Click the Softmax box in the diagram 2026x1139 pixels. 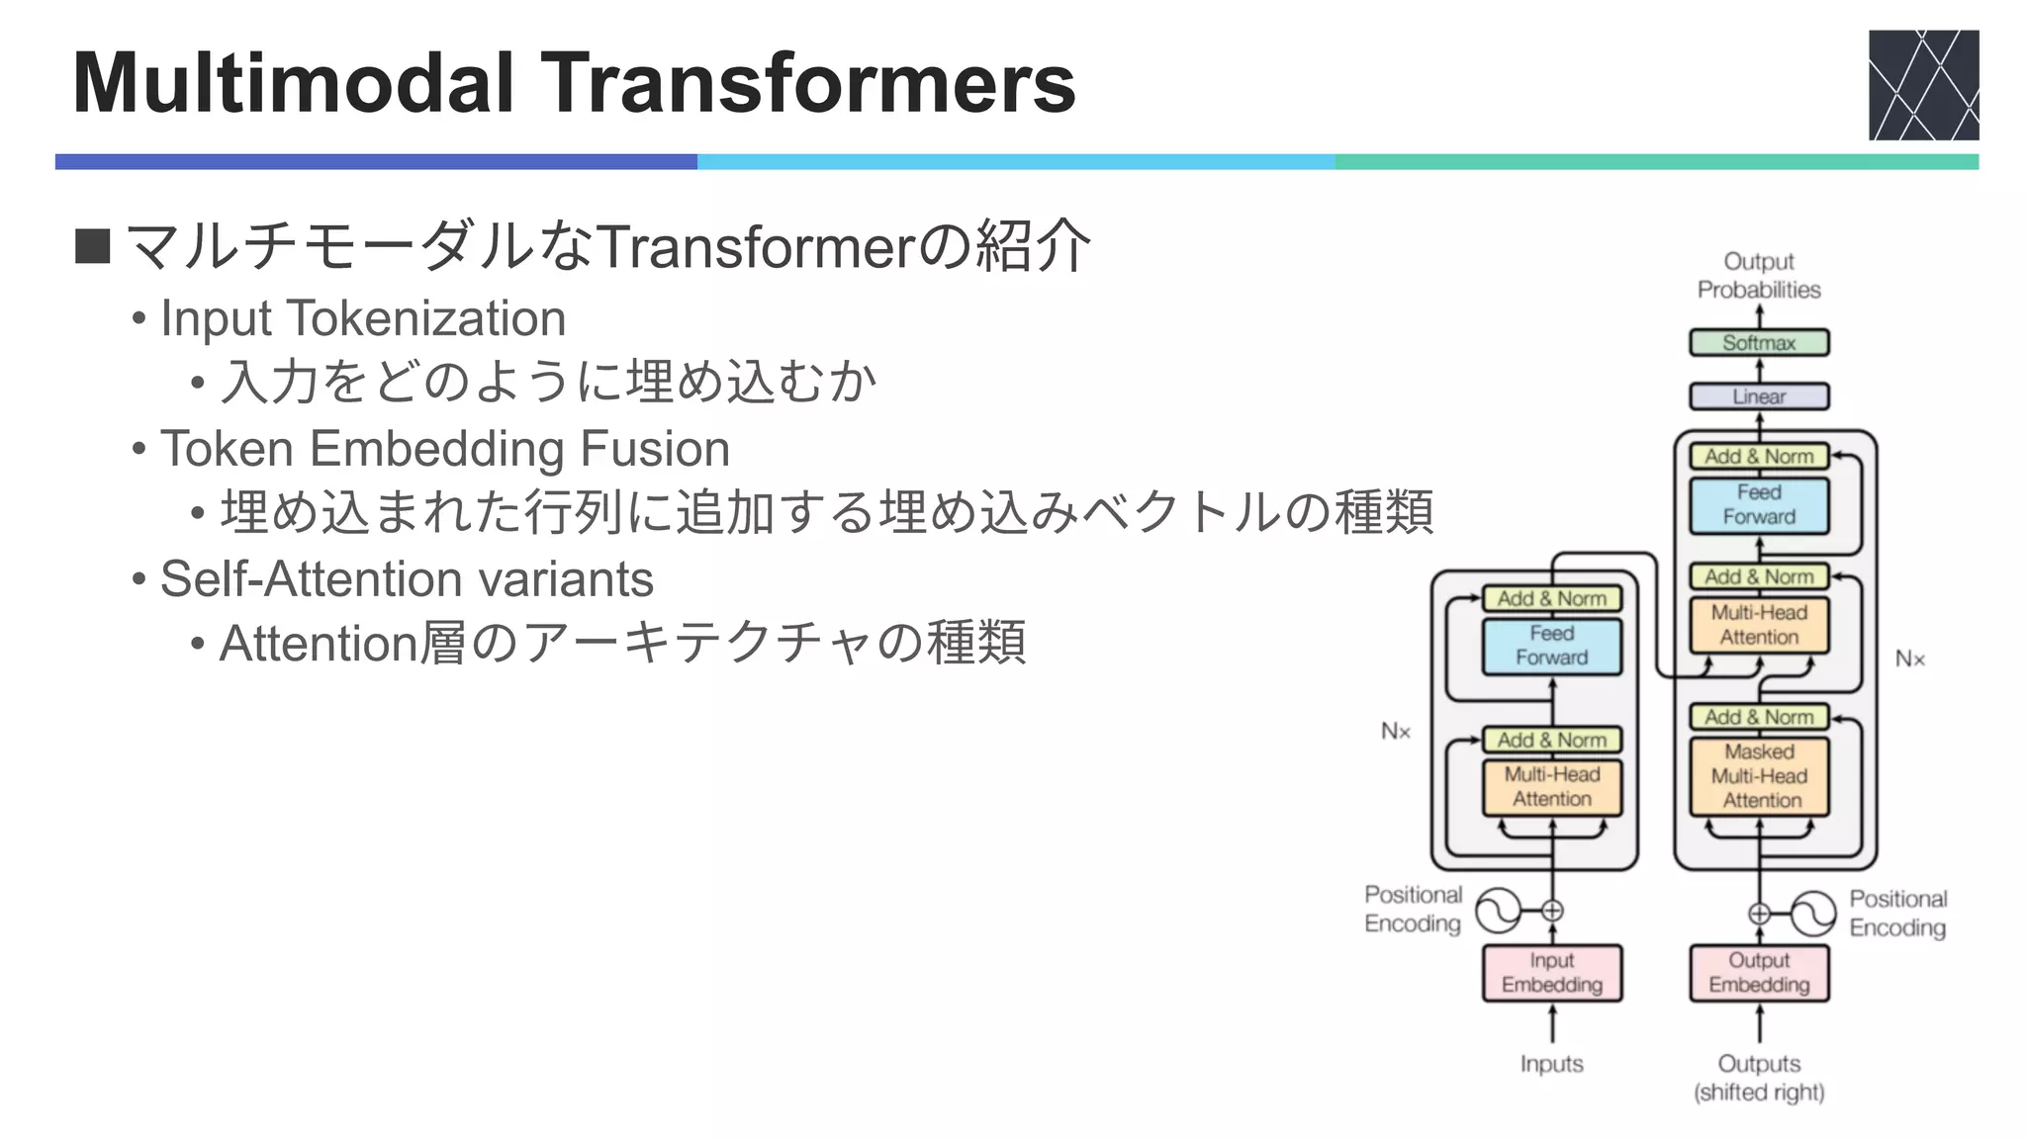(x=1758, y=343)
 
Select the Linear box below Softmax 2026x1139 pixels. (x=1758, y=396)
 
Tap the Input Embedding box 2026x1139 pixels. (x=1551, y=973)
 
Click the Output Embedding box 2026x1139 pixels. (x=1758, y=973)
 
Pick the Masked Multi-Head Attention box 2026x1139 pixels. (x=1758, y=776)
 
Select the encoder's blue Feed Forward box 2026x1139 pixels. (x=1551, y=646)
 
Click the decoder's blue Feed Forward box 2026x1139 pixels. (x=1758, y=504)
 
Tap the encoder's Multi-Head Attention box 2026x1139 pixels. (x=1551, y=787)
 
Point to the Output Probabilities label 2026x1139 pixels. (x=1758, y=276)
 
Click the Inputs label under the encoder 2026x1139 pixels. (x=1551, y=1064)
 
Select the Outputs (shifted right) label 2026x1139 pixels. (x=1758, y=1078)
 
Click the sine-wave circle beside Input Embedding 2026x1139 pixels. (x=1498, y=911)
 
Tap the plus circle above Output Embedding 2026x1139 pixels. (x=1759, y=914)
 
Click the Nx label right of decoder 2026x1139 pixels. (x=1909, y=659)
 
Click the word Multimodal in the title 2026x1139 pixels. (x=293, y=83)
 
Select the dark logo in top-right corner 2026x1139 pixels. (x=1923, y=85)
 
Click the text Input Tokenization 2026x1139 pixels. (x=362, y=319)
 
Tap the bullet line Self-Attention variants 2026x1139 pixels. (x=406, y=579)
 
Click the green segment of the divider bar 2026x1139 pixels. (x=1656, y=162)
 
